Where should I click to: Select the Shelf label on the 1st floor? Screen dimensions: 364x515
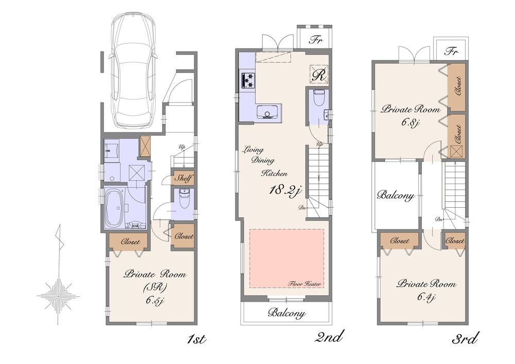tap(183, 178)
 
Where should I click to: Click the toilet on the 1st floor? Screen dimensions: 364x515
tap(183, 197)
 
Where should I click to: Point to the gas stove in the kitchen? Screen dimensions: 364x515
tap(248, 80)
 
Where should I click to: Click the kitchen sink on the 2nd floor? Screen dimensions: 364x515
tap(268, 112)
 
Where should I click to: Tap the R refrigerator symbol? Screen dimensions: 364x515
tap(319, 75)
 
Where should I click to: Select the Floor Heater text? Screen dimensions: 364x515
tap(305, 284)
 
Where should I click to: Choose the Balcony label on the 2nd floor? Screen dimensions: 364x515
tap(287, 313)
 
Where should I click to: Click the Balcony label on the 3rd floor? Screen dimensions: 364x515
tap(395, 196)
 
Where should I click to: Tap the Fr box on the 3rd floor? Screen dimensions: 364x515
tap(452, 51)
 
